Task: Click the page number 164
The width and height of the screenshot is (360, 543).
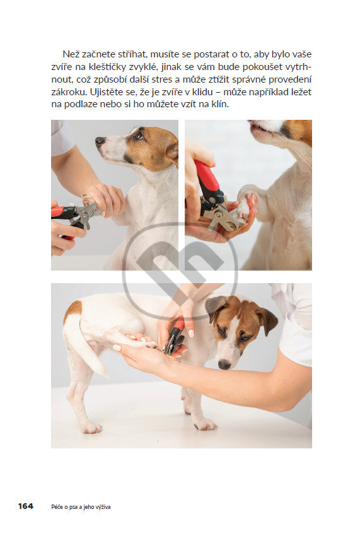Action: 26,506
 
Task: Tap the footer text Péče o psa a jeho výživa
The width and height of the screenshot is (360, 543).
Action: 81,507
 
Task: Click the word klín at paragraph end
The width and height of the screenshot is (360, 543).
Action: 220,104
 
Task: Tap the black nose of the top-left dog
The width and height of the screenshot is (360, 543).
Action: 100,141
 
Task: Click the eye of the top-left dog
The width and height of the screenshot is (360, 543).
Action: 139,136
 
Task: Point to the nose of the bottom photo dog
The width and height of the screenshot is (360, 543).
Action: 224,364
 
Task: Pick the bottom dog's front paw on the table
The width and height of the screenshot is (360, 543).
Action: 205,424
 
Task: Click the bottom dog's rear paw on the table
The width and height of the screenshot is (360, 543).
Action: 91,428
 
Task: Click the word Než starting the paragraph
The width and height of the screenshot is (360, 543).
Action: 71,54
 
